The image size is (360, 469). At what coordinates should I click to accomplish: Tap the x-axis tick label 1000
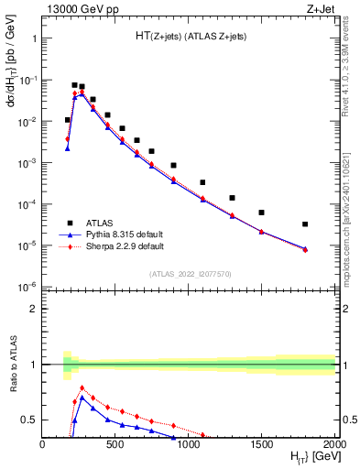coord(189,442)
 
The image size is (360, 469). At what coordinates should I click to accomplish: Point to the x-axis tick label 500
coord(115,442)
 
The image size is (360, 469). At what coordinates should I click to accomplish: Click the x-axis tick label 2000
coord(333,442)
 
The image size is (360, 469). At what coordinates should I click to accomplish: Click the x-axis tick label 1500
coord(262,442)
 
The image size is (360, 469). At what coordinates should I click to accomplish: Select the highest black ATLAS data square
coord(74,85)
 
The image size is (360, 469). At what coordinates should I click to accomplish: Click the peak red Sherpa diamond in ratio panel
coord(82,387)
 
